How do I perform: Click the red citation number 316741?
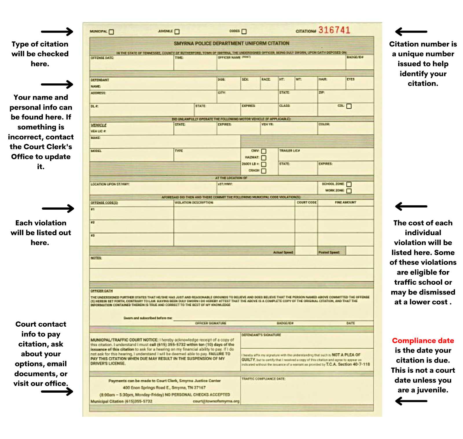pos(334,30)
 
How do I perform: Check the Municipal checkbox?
pos(111,32)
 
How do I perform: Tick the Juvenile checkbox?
pos(177,32)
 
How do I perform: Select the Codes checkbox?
pos(244,32)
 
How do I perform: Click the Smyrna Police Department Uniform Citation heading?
pos(231,43)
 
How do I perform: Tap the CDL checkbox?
pos(349,106)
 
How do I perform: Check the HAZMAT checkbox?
pos(264,158)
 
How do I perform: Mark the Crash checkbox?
pos(264,171)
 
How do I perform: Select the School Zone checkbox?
pos(349,184)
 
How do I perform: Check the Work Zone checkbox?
pos(349,191)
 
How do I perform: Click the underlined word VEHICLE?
pos(99,125)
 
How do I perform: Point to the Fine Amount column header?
pos(346,202)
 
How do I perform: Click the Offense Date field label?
pos(102,58)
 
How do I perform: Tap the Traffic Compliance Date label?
pos(263,379)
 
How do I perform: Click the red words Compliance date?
pos(423,341)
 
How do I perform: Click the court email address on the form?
pos(216,401)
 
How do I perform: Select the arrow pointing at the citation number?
pos(411,32)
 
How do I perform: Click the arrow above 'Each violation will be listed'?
pos(58,208)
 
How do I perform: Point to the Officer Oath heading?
pos(102,291)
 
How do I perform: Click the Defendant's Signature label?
pos(261,335)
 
